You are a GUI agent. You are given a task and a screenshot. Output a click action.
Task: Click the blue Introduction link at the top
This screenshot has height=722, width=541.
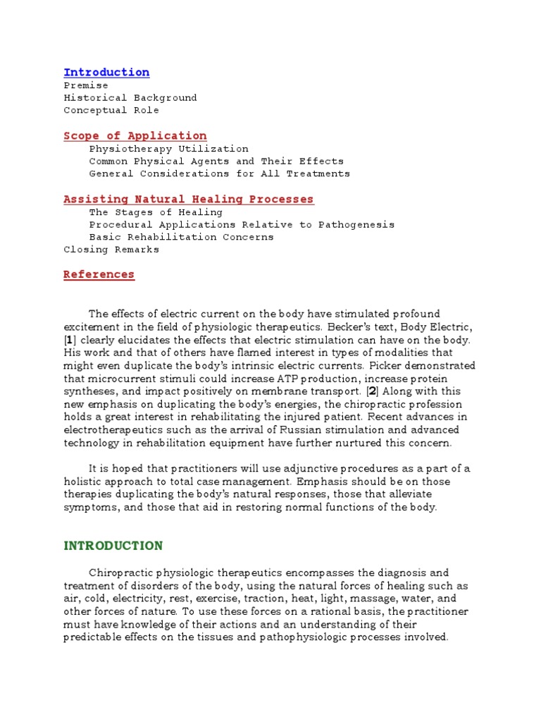coord(106,73)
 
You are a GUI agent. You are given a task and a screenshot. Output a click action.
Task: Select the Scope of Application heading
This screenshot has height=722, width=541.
coord(135,135)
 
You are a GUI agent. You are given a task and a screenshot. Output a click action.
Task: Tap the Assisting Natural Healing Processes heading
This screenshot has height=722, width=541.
coord(189,200)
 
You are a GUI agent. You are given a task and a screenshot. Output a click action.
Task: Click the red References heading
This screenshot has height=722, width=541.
coord(99,274)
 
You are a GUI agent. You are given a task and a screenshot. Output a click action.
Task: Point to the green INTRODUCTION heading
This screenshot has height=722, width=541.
coord(113,546)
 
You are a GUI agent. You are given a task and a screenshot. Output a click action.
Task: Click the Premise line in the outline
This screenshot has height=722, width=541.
coord(86,85)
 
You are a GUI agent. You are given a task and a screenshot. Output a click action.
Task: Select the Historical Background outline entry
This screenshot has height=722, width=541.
coord(130,98)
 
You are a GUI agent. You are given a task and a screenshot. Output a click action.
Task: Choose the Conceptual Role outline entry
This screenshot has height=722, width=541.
coord(111,111)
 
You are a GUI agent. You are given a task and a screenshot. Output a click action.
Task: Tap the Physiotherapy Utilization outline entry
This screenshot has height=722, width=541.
coord(168,149)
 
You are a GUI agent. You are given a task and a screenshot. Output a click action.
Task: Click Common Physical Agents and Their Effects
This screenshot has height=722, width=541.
coord(216,161)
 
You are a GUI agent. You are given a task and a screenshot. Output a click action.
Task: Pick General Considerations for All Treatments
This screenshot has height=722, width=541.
coord(219,174)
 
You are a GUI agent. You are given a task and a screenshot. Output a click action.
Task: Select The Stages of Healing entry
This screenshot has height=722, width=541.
coord(156,212)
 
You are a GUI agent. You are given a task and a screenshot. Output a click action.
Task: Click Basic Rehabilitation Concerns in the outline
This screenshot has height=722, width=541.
coord(181,238)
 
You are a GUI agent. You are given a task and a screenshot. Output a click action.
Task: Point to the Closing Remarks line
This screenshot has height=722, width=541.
coord(111,250)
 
